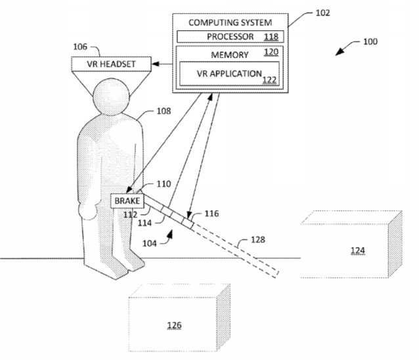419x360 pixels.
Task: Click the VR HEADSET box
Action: tap(111, 64)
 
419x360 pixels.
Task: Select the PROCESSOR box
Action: tap(230, 37)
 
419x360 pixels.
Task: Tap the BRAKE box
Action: tap(127, 201)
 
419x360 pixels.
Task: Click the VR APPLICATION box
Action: tap(229, 74)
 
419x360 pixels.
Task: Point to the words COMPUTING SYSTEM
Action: tap(230, 22)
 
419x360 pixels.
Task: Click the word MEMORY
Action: tap(230, 55)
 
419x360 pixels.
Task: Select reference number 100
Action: tap(370, 41)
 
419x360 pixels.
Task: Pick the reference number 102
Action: tap(322, 13)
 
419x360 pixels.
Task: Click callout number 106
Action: tap(80, 47)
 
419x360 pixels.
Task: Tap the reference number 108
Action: tap(164, 111)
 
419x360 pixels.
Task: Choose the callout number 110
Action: tap(164, 184)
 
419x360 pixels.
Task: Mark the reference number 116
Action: tap(211, 214)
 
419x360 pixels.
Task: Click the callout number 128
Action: tap(258, 240)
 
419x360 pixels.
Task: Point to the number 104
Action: tap(149, 244)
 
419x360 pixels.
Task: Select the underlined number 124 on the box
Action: tap(357, 250)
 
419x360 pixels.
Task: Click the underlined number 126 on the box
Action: tap(174, 325)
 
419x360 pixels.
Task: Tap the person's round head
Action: tap(111, 97)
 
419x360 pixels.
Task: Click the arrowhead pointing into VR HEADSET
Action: tap(156, 64)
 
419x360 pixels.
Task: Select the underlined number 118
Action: tap(271, 37)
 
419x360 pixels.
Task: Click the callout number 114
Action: tap(144, 223)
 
